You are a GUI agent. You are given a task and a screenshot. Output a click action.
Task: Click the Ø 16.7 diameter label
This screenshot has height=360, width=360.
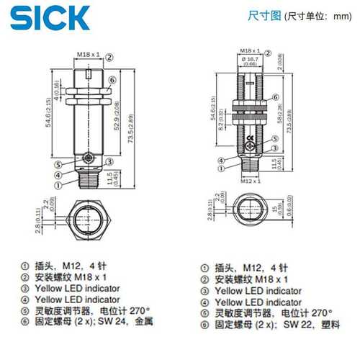250,58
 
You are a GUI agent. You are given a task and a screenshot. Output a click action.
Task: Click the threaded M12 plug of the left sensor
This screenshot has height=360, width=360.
88,176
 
